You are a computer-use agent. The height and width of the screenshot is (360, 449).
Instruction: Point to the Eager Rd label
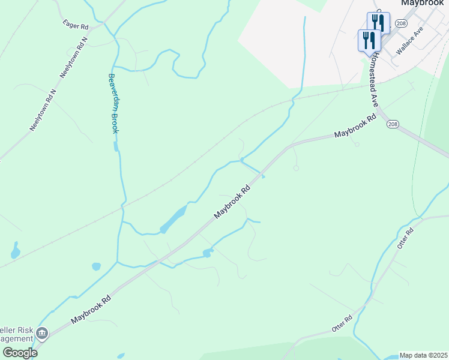click(76, 25)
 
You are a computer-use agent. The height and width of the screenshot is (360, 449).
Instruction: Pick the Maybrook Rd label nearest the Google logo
click(91, 310)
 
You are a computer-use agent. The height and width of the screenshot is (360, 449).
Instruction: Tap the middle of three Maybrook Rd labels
click(232, 202)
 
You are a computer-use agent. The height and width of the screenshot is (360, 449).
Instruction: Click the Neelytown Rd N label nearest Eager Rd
click(74, 58)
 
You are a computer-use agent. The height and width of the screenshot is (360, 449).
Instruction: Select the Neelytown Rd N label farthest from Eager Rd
click(43, 111)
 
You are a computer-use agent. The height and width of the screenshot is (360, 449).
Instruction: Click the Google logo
click(19, 353)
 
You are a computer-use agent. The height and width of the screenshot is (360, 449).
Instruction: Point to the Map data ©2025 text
click(424, 355)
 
